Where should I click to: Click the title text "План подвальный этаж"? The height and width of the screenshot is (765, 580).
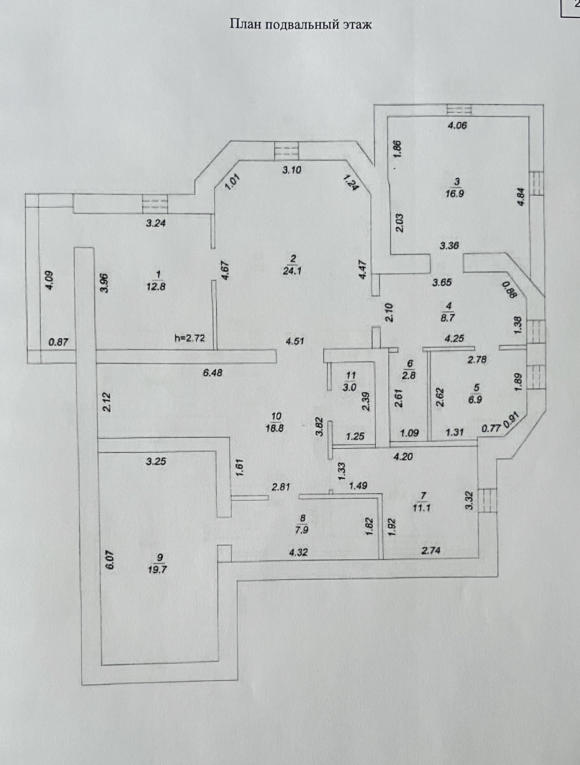click(301, 24)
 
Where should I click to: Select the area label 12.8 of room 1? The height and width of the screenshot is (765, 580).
click(156, 287)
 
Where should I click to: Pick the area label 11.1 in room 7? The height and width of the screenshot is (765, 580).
click(422, 508)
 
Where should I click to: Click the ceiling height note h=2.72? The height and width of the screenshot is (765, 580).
click(189, 338)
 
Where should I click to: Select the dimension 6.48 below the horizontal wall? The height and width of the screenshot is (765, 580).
click(213, 372)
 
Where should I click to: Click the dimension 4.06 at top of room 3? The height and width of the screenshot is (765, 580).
click(457, 125)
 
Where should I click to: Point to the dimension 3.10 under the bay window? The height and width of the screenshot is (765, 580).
click(292, 170)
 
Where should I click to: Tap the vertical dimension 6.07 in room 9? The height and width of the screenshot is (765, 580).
click(111, 560)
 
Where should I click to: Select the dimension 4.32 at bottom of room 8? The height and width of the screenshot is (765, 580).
click(298, 552)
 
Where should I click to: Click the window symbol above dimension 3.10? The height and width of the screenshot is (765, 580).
click(286, 151)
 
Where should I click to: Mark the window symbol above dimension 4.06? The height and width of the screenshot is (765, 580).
click(459, 109)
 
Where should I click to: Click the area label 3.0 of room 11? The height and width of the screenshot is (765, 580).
click(351, 387)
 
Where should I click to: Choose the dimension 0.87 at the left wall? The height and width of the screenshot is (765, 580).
click(58, 342)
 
